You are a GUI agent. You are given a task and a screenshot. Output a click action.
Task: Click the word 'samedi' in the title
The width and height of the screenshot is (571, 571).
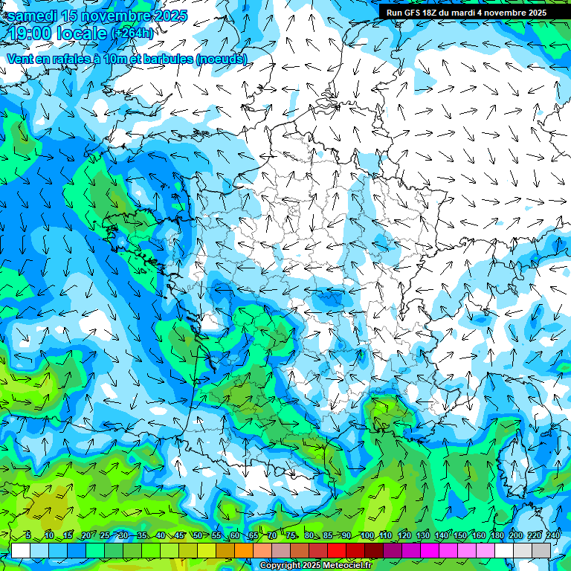click(x=33, y=16)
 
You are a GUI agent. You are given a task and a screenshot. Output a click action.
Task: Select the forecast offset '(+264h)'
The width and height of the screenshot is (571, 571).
click(x=132, y=33)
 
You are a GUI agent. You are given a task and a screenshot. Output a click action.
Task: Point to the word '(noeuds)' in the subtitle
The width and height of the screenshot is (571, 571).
click(x=222, y=59)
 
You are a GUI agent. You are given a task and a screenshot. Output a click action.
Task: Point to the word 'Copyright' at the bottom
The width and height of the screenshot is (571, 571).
click(x=280, y=566)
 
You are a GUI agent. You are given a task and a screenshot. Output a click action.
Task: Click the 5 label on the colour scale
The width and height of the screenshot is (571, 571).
click(x=28, y=536)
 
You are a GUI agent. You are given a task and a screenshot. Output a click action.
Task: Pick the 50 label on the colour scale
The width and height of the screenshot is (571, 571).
click(x=197, y=536)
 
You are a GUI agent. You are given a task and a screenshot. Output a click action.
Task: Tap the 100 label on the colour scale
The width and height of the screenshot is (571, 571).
click(x=367, y=536)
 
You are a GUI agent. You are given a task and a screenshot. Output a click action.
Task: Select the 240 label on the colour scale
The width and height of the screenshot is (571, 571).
click(x=552, y=536)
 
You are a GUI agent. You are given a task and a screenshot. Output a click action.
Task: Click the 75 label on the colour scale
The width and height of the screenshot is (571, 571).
click(x=291, y=536)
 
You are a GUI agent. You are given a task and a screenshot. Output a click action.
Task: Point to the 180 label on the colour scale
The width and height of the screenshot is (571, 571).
click(x=497, y=536)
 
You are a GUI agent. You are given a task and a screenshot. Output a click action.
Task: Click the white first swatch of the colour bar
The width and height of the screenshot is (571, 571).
click(x=20, y=550)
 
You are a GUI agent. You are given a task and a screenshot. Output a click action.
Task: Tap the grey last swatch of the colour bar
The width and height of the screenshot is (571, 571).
click(x=541, y=550)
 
